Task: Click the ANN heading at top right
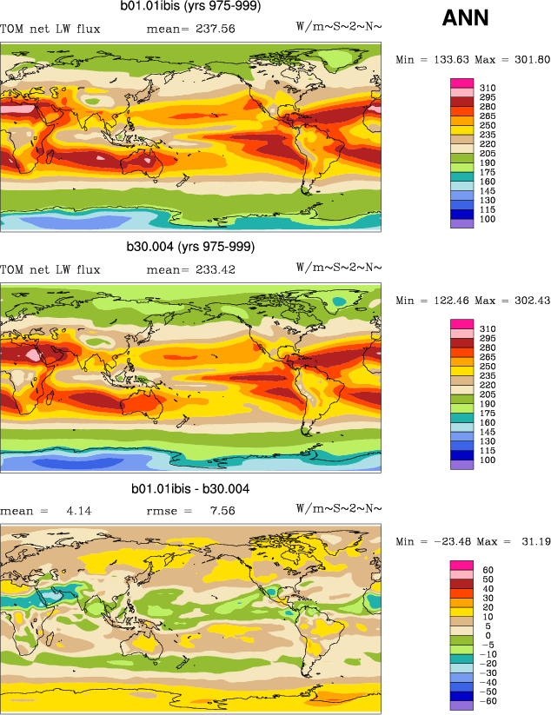click(465, 17)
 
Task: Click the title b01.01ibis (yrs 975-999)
click(190, 7)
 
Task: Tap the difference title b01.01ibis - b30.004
click(190, 489)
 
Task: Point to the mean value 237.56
click(218, 29)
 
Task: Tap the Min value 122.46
click(451, 301)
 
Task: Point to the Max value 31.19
click(532, 542)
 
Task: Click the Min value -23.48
click(455, 542)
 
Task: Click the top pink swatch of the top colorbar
click(461, 83)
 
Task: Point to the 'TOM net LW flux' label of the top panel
click(50, 29)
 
